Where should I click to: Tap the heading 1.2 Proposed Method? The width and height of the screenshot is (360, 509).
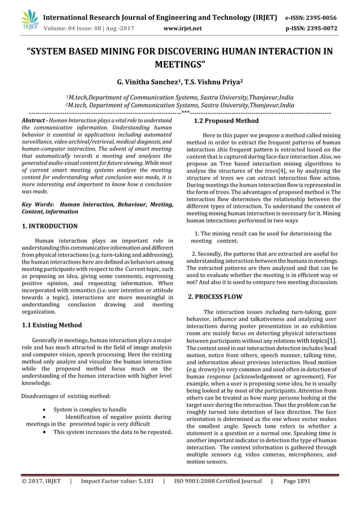pyautogui.click(x=226, y=121)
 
